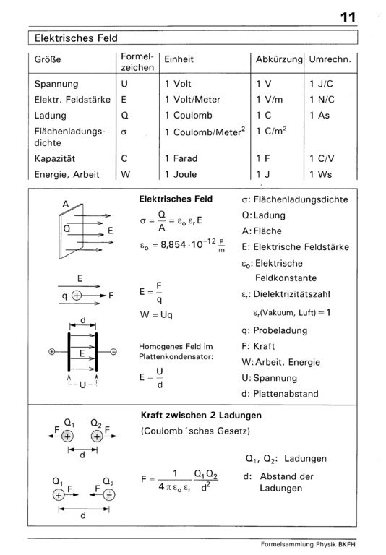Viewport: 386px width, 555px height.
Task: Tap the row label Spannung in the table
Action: (56, 84)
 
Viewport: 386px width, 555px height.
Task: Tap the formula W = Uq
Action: (158, 315)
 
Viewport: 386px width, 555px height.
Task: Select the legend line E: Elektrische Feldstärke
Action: (295, 247)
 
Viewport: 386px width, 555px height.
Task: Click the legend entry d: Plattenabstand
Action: (286, 395)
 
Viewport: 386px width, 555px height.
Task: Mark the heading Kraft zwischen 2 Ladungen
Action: (200, 416)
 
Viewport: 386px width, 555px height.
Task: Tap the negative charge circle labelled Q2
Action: (108, 495)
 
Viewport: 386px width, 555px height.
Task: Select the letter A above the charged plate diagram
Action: (65, 205)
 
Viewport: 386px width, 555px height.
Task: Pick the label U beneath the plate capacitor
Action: (83, 383)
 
